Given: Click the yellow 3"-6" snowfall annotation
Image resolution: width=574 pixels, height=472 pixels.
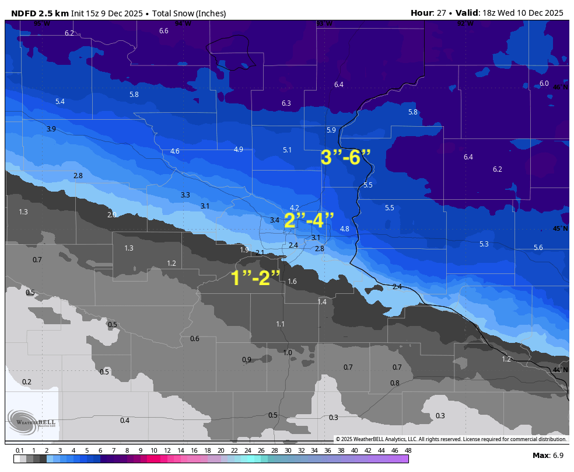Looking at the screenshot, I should tap(346, 158).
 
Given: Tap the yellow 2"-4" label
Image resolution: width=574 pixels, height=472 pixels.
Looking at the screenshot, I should tap(309, 221).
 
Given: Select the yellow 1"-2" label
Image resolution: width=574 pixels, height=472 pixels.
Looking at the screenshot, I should tap(256, 278).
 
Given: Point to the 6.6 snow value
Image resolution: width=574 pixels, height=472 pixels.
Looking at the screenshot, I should tap(164, 31).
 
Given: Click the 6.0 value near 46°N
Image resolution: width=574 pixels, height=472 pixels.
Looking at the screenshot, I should tap(544, 84).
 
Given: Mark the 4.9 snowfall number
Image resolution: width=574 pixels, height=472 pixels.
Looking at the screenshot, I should tap(239, 150).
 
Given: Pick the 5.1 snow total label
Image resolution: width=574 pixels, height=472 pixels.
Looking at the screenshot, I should tap(287, 150).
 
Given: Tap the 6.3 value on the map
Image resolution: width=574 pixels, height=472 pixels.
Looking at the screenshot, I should tap(286, 103).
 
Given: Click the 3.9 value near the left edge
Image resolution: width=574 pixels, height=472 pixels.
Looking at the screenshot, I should tap(51, 129).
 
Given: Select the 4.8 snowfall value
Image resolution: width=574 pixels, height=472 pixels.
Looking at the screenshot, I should tap(344, 229).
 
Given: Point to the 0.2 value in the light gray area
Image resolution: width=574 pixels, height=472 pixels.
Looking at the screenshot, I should tap(27, 382).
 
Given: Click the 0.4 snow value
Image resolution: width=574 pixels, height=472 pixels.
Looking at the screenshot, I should tap(125, 421).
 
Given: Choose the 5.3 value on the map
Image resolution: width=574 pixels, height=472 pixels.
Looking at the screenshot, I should tap(484, 244).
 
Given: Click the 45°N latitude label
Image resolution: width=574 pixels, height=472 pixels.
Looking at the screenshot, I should tap(560, 229).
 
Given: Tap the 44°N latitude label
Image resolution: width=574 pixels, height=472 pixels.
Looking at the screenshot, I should tap(560, 370).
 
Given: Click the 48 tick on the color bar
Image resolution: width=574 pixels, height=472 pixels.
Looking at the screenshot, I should tap(408, 450).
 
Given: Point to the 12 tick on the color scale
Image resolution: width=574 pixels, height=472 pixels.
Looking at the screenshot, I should tap(167, 450).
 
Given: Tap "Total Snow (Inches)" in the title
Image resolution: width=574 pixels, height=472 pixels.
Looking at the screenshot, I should tap(189, 13).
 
